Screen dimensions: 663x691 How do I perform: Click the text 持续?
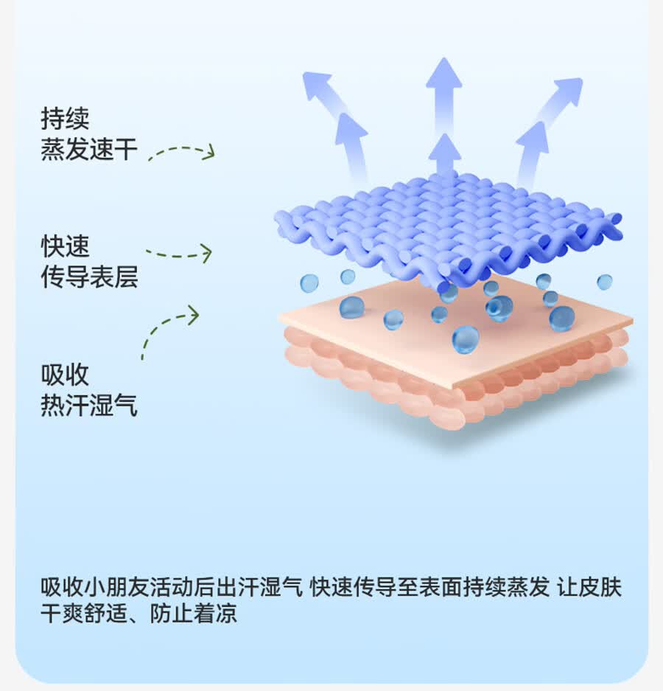(x=65, y=119)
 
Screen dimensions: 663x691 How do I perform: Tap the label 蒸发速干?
(x=89, y=149)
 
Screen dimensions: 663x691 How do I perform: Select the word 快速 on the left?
(x=65, y=246)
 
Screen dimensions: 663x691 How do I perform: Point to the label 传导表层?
(x=89, y=277)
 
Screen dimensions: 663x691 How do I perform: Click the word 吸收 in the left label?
(x=65, y=375)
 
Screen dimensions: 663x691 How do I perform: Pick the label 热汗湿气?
(x=89, y=406)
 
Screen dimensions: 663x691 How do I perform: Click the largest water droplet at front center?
(x=466, y=339)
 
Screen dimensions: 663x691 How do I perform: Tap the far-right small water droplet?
(x=605, y=282)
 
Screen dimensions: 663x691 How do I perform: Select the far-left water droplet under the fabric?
(x=309, y=283)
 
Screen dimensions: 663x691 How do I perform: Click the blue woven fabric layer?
(x=447, y=229)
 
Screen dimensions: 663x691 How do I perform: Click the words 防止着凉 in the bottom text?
(x=193, y=613)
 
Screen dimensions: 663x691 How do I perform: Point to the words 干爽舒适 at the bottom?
(x=84, y=613)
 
